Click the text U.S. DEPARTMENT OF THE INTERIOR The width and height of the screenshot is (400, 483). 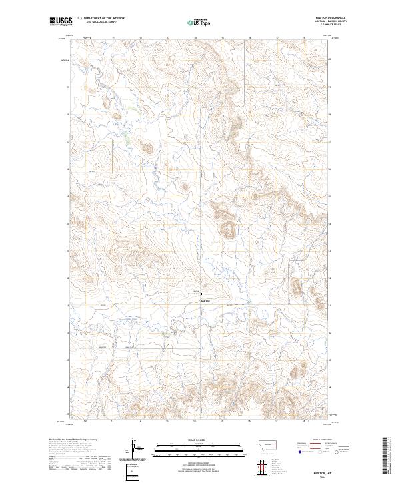pyautogui.click(x=101, y=19)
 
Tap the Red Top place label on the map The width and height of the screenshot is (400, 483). pyautogui.click(x=205, y=300)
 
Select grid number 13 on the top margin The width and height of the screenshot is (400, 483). pyautogui.click(x=167, y=38)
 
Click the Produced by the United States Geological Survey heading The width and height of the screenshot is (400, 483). pyautogui.click(x=73, y=440)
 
